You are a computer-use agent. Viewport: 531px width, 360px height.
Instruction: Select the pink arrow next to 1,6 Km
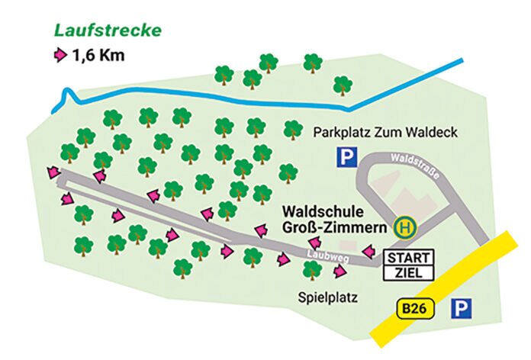pyautogui.click(x=59, y=55)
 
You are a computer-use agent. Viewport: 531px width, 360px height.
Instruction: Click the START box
pyautogui.click(x=410, y=256)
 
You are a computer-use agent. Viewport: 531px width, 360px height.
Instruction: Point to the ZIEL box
pyautogui.click(x=410, y=272)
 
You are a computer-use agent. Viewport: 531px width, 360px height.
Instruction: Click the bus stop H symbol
pyautogui.click(x=404, y=227)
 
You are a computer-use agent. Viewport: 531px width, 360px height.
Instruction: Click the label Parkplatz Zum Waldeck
pyautogui.click(x=385, y=132)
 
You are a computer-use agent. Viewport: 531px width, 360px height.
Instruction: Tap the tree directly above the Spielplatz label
pyautogui.click(x=312, y=269)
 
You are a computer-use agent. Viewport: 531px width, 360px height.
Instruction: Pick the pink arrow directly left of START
pyautogui.click(x=368, y=251)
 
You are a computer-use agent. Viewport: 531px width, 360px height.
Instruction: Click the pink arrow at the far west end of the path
pyautogui.click(x=53, y=173)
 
